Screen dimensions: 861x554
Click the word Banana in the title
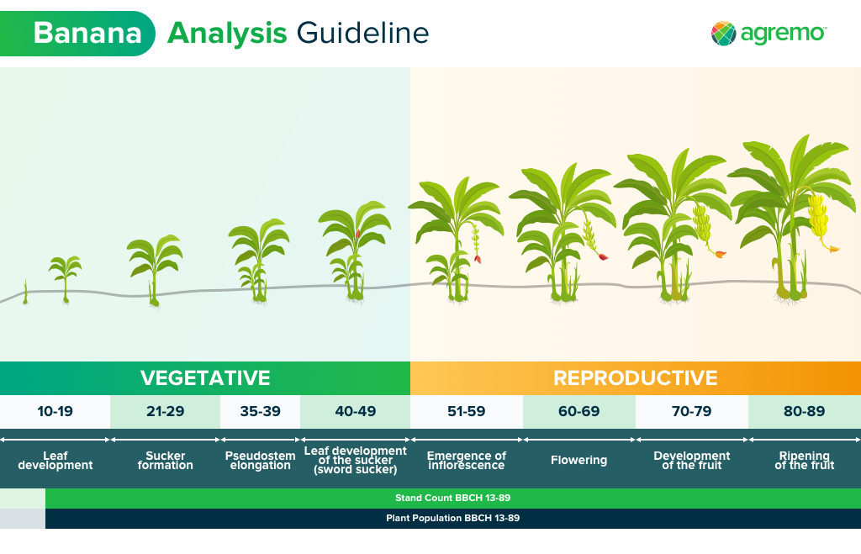[87, 33]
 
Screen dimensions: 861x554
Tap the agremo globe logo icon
[723, 34]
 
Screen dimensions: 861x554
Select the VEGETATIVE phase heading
[205, 377]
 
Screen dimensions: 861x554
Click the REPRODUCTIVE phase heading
[636, 377]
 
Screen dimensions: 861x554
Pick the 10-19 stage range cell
[55, 411]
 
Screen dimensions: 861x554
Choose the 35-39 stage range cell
[261, 411]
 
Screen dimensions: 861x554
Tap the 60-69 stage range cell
[578, 411]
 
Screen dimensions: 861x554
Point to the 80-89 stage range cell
[805, 411]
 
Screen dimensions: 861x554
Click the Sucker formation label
[166, 460]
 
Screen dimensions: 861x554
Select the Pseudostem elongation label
[261, 460]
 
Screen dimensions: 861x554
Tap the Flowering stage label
[578, 460]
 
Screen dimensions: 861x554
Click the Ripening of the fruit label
[805, 460]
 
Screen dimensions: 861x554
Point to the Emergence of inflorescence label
[466, 460]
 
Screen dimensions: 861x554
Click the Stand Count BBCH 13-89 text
[453, 498]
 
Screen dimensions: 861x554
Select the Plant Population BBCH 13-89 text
[453, 518]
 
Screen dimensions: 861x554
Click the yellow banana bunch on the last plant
[818, 218]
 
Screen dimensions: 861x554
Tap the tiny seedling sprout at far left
[25, 292]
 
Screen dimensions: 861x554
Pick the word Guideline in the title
[362, 33]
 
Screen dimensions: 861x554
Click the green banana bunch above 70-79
[702, 223]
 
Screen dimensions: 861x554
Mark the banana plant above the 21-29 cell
[155, 269]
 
